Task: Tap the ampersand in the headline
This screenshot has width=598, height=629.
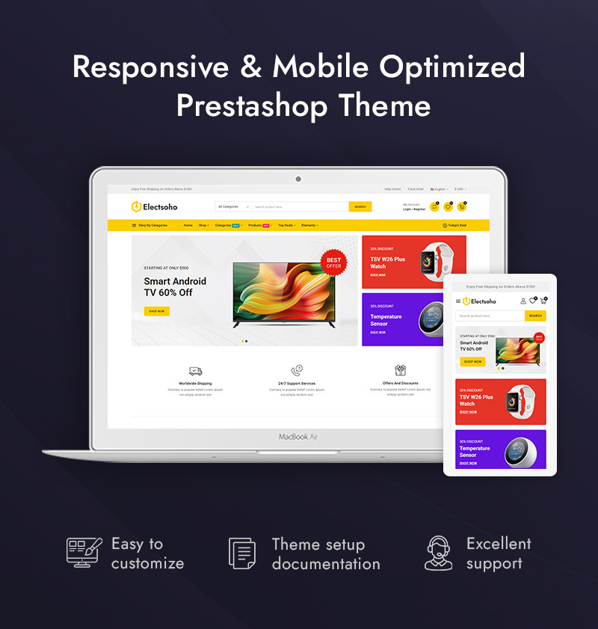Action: tap(250, 67)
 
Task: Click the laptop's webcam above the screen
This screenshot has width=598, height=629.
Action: tap(298, 179)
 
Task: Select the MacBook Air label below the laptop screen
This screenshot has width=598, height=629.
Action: tap(298, 436)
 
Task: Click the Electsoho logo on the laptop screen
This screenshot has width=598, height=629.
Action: tap(155, 206)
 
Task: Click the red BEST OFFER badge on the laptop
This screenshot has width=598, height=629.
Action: tap(333, 263)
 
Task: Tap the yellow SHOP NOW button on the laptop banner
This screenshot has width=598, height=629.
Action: tap(157, 311)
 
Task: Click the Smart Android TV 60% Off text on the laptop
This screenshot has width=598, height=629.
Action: tap(175, 286)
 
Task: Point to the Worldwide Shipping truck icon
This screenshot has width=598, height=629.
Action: tap(195, 371)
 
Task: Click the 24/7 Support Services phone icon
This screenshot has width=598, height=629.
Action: tap(297, 370)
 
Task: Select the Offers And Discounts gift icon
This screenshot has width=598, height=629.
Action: tap(400, 370)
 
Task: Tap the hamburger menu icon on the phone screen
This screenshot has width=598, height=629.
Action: tap(458, 301)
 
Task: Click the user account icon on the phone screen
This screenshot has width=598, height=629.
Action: tap(523, 301)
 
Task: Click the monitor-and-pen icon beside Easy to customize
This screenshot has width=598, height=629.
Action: tap(83, 553)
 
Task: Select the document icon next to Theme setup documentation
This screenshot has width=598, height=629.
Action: tap(242, 553)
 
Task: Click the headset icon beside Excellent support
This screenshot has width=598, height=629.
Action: tap(439, 553)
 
